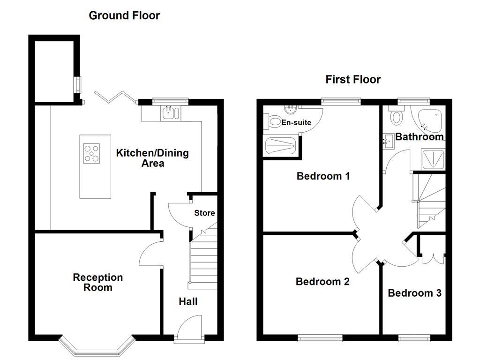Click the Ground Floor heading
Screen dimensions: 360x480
(124, 15)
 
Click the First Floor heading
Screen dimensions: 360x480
(353, 79)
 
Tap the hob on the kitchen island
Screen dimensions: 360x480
(91, 154)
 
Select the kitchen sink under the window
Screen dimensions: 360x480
(169, 112)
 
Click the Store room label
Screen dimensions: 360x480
(204, 213)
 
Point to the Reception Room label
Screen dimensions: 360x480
(97, 282)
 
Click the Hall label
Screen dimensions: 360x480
(188, 301)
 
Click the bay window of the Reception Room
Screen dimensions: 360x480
(96, 347)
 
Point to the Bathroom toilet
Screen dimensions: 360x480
(397, 116)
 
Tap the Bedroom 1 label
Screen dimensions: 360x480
(323, 176)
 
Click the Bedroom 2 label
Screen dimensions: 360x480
(322, 282)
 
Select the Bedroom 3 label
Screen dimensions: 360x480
(414, 293)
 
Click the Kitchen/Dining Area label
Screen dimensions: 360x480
(152, 158)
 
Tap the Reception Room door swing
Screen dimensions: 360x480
(150, 254)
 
